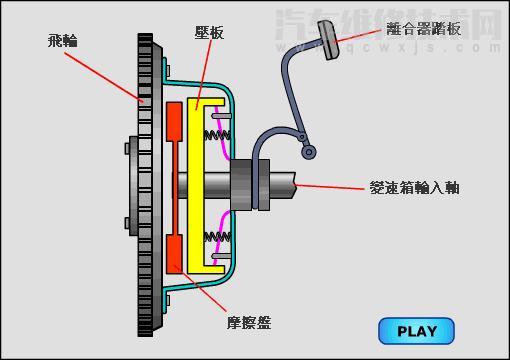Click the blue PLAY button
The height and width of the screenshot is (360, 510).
click(416, 331)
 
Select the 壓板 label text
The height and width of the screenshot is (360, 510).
click(211, 33)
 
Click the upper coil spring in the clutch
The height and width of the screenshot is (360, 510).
click(218, 131)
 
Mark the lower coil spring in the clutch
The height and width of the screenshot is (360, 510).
click(218, 239)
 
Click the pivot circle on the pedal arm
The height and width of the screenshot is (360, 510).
click(310, 151)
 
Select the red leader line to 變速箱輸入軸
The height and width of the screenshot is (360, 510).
click(330, 186)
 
